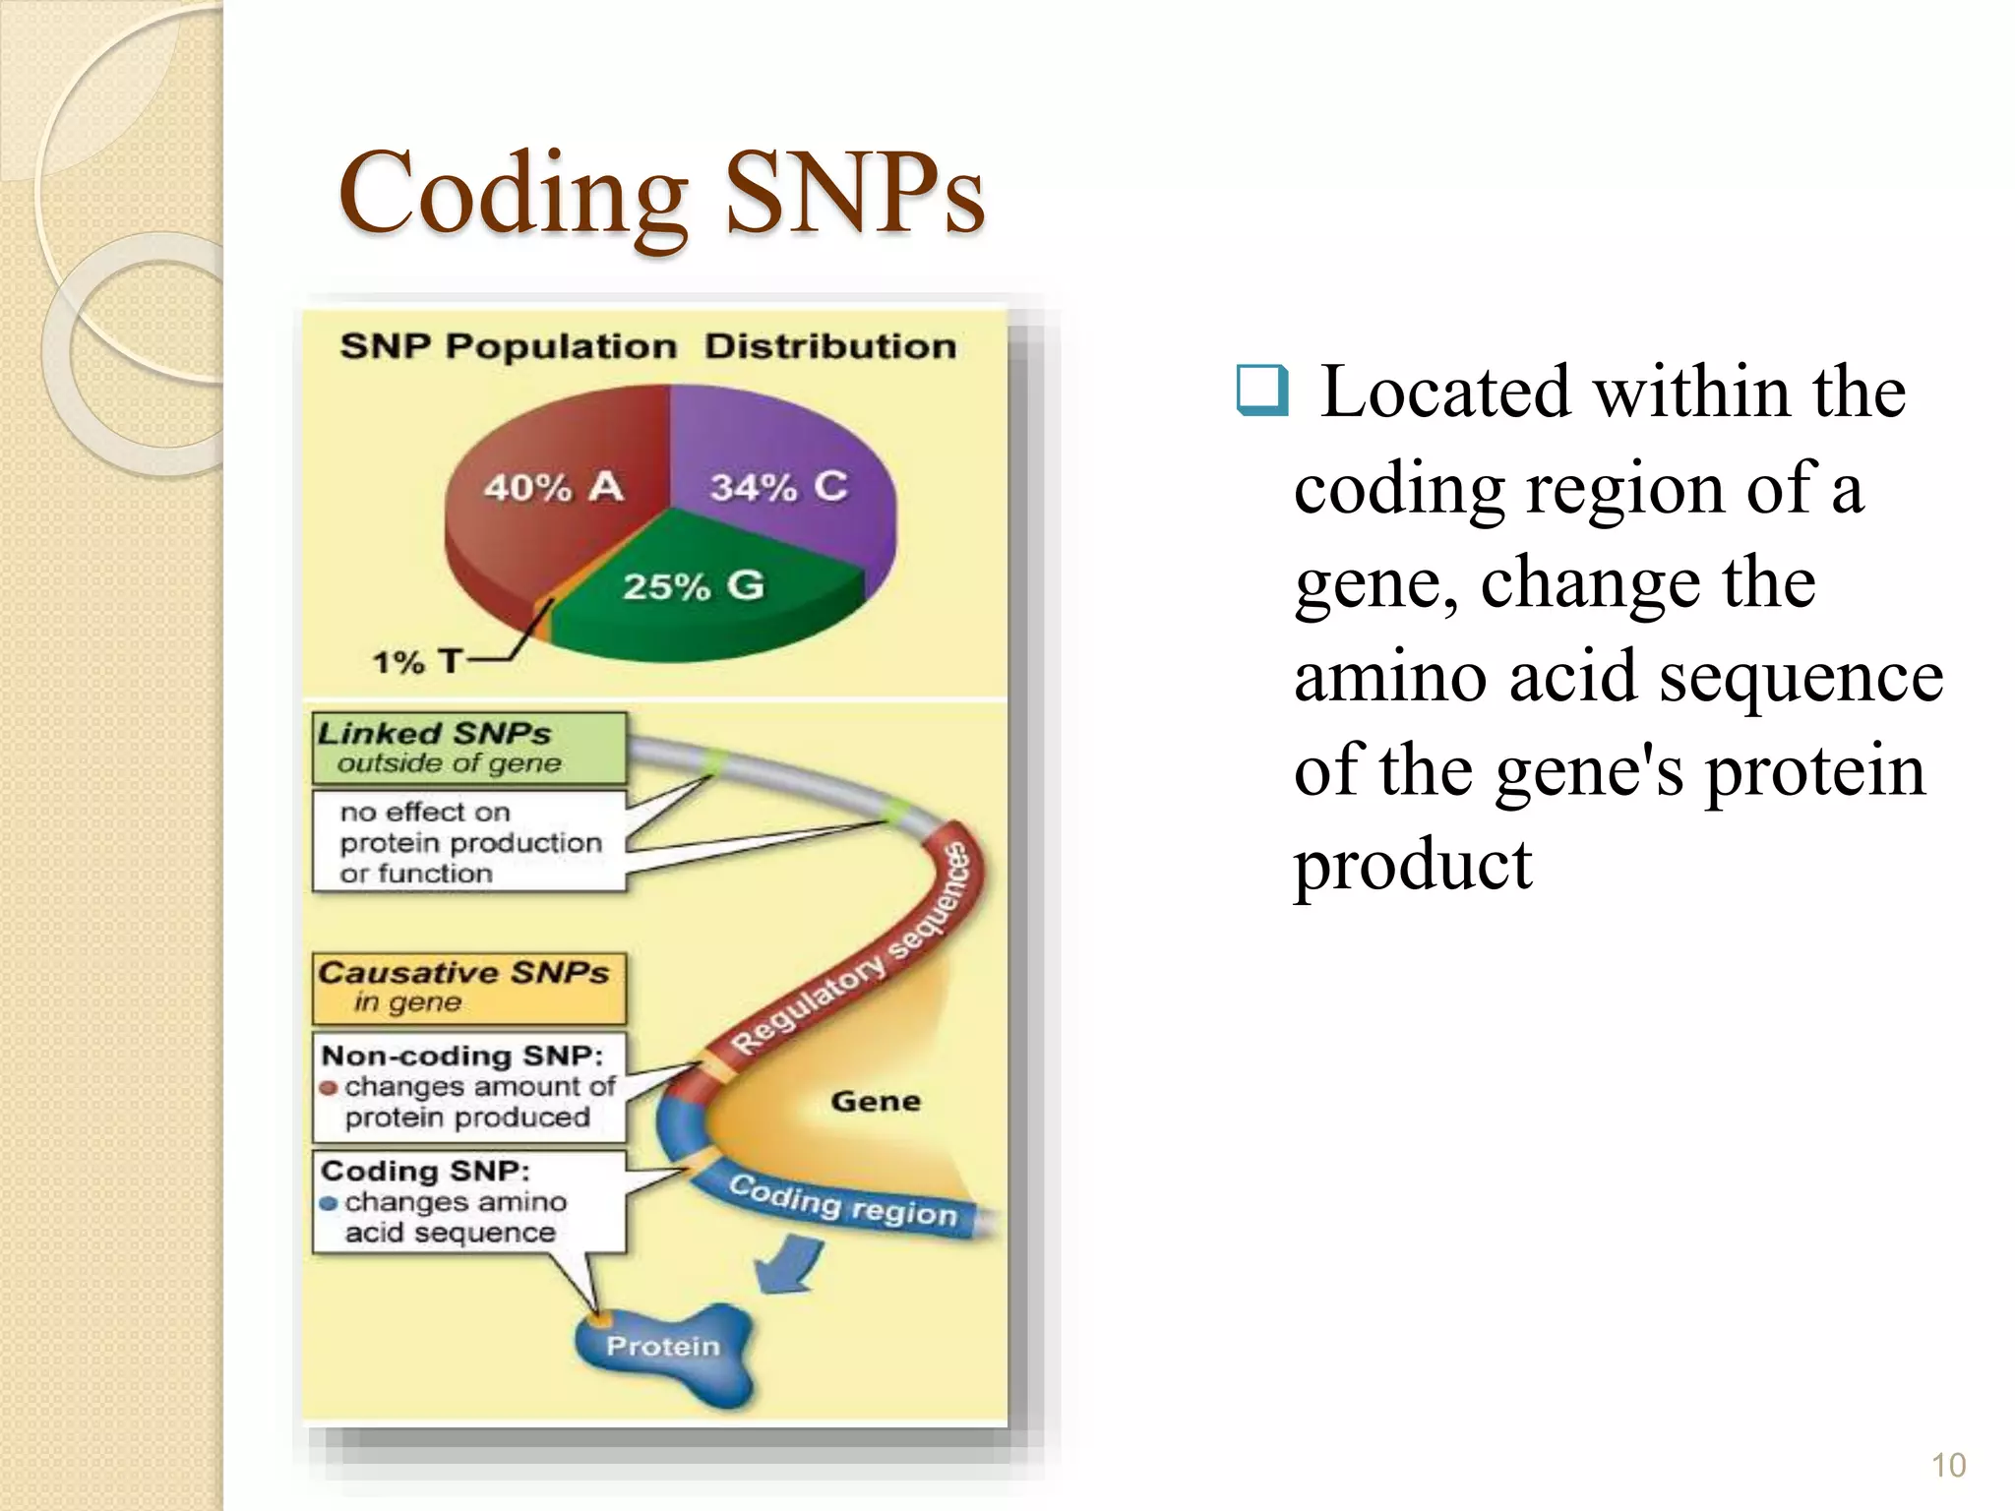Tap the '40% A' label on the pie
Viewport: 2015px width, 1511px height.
553,486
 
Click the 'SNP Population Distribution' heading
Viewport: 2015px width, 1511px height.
647,346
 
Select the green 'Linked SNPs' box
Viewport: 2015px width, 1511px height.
468,748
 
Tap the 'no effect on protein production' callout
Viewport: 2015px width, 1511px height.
468,842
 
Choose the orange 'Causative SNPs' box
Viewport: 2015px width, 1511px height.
468,988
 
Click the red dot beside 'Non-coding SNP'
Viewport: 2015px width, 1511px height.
329,1088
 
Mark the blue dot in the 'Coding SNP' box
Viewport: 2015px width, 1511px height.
329,1203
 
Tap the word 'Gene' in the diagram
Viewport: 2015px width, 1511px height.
875,1101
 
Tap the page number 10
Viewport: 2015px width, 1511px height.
1948,1466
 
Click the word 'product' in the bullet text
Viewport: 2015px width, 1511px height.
1413,866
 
